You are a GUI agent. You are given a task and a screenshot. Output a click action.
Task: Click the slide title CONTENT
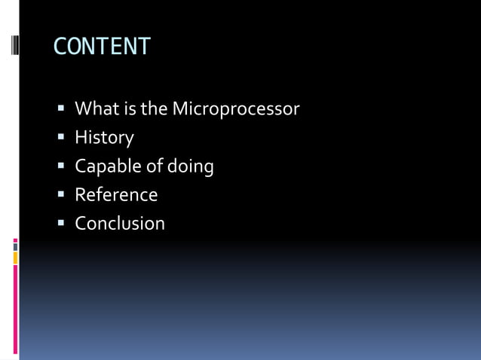point(102,47)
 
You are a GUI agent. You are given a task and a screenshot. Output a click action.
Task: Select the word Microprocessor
point(235,109)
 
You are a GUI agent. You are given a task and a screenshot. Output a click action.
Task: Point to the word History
point(104,138)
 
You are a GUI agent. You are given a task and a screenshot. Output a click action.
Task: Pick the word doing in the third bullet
point(191,166)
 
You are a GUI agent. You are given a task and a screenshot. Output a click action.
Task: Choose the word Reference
point(116,195)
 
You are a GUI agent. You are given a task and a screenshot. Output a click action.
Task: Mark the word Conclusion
point(119,224)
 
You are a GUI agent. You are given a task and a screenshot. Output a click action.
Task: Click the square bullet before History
point(62,138)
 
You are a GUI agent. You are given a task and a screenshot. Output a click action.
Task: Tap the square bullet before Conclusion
point(62,224)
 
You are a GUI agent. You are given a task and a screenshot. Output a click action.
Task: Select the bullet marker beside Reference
point(62,195)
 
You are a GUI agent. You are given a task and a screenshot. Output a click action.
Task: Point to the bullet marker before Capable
point(62,166)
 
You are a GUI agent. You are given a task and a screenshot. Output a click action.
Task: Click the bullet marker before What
point(62,109)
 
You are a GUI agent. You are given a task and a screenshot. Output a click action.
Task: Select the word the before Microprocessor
point(154,109)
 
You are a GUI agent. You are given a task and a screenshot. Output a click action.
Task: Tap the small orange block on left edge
point(15,258)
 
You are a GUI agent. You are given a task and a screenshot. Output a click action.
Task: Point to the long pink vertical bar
point(15,309)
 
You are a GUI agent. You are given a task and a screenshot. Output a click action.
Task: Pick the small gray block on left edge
point(15,246)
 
